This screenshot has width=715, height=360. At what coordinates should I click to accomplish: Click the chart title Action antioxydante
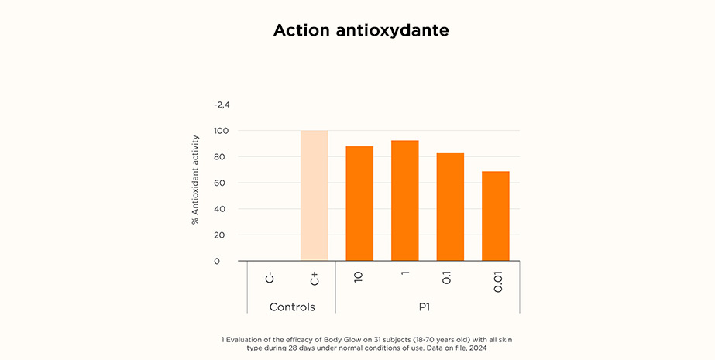click(x=361, y=31)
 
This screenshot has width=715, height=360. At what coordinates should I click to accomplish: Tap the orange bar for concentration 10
click(x=359, y=204)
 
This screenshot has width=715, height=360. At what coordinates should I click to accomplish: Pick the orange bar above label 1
click(x=404, y=201)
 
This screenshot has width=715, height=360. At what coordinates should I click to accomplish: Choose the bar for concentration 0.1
click(x=450, y=207)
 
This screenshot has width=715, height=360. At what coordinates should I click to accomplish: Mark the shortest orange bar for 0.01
click(x=495, y=216)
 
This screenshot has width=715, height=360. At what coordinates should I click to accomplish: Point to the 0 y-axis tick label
click(x=217, y=262)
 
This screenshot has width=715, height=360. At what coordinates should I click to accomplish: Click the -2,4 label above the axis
click(x=222, y=105)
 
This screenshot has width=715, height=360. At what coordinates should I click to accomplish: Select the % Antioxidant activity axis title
click(x=195, y=178)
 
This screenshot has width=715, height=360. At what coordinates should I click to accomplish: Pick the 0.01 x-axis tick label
click(x=497, y=281)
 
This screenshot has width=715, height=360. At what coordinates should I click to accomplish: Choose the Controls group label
click(x=292, y=307)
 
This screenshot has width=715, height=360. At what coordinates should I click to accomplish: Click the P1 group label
click(x=424, y=307)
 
